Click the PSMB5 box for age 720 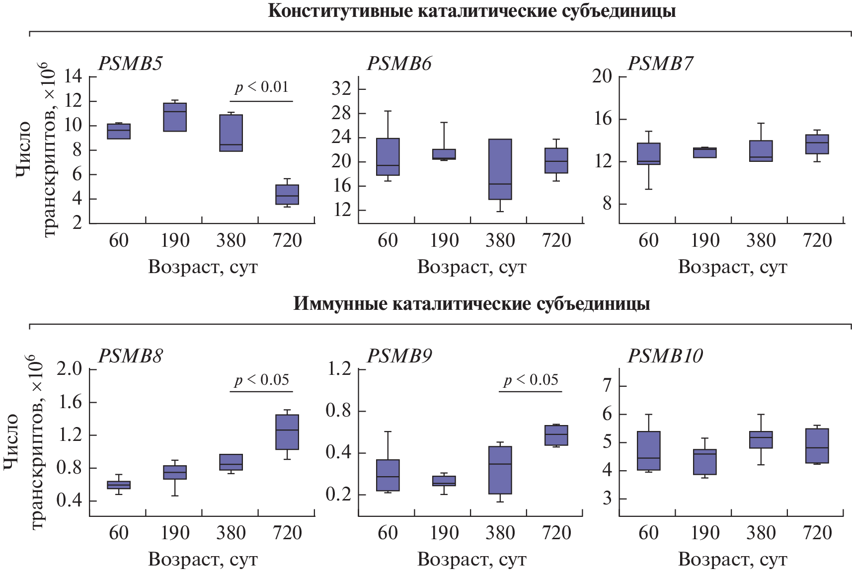click(x=287, y=195)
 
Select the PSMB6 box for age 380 click(x=500, y=169)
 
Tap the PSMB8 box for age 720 click(x=287, y=432)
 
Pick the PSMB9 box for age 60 click(x=388, y=475)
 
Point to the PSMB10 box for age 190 click(x=704, y=462)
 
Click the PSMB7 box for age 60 click(x=648, y=153)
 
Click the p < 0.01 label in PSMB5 click(x=261, y=87)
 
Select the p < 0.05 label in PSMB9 click(x=531, y=380)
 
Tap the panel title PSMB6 click(x=399, y=64)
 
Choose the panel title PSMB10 click(x=665, y=356)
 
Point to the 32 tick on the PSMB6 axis click(x=341, y=89)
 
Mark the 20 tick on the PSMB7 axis click(x=602, y=76)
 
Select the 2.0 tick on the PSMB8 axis click(x=70, y=369)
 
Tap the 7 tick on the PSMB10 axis click(x=607, y=386)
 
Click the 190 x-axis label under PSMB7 click(x=704, y=240)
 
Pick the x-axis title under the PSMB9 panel click(x=471, y=559)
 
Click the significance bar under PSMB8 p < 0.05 click(x=261, y=392)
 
